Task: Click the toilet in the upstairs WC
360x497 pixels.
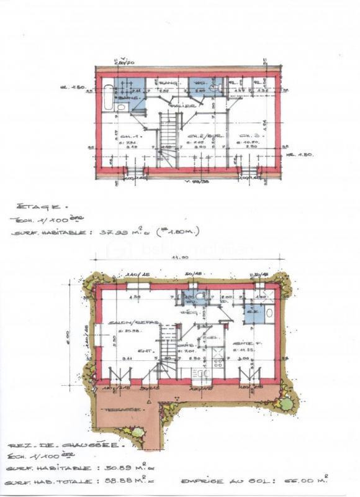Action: pyautogui.click(x=215, y=88)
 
